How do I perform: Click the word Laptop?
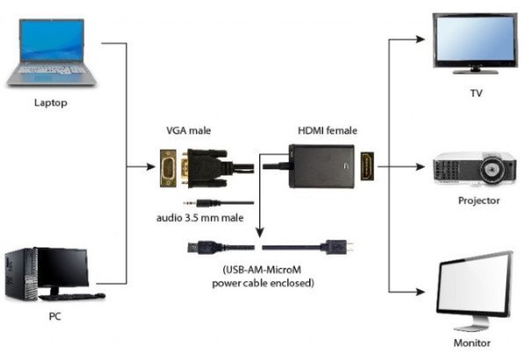(50, 103)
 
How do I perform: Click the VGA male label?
(189, 131)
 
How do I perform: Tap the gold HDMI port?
(367, 165)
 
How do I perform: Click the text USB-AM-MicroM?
(262, 271)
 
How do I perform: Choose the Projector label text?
(478, 200)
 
